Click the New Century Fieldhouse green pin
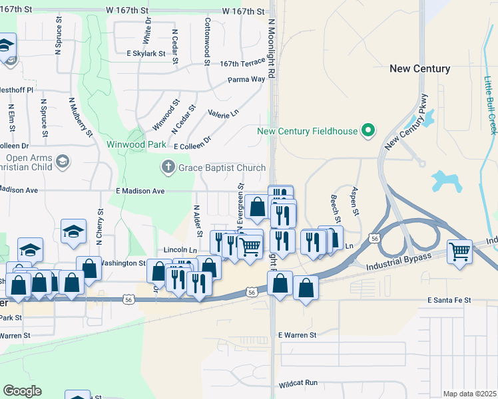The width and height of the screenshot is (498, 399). click(x=367, y=130)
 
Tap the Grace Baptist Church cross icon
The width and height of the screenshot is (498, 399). click(x=169, y=168)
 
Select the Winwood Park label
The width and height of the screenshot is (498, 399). click(x=136, y=144)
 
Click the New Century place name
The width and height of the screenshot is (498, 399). click(x=419, y=68)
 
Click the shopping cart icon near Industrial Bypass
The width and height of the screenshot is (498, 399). click(x=460, y=252)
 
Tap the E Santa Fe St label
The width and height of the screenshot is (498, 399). click(x=449, y=301)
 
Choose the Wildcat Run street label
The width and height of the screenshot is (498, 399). click(x=298, y=384)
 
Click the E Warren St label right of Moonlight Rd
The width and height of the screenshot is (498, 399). click(x=297, y=335)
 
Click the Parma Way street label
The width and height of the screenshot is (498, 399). click(x=246, y=79)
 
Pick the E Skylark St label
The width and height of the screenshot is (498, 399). click(x=146, y=53)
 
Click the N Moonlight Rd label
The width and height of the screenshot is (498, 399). click(x=272, y=47)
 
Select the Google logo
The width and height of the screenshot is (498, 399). click(x=22, y=391)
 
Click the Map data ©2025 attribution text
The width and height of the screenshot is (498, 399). click(x=469, y=394)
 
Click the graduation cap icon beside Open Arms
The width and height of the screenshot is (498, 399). click(x=63, y=161)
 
